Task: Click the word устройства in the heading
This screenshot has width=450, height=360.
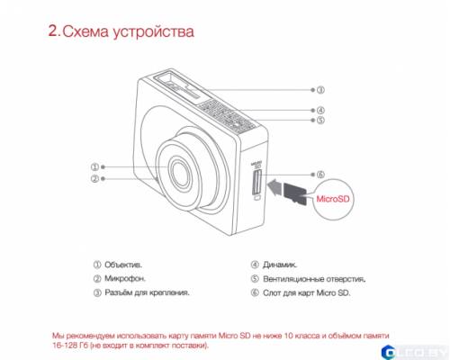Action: (x=153, y=34)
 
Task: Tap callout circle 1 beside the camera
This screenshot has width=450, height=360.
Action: (x=95, y=166)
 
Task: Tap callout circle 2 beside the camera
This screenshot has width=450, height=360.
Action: (x=95, y=179)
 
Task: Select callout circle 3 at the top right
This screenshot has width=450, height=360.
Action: (x=320, y=90)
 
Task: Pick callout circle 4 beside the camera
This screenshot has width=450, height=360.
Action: (x=320, y=111)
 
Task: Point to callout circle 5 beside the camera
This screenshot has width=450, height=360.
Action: (x=320, y=121)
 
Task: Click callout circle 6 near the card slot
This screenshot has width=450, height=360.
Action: (x=320, y=174)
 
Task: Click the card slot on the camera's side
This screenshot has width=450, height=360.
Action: (x=257, y=184)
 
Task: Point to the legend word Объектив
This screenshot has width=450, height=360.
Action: (x=124, y=265)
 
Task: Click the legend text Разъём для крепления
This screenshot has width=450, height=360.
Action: (x=147, y=292)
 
